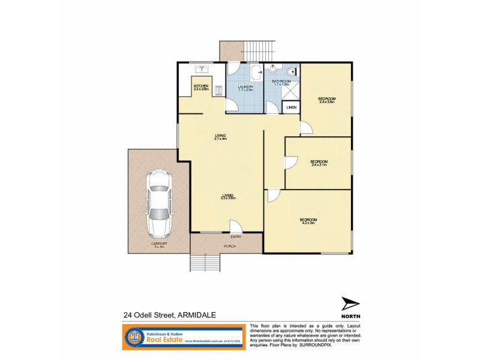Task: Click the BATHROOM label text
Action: tap(282, 82)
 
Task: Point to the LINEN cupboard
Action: tap(291, 108)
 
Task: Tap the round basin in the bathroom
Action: tap(273, 68)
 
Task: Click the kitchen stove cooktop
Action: tap(218, 91)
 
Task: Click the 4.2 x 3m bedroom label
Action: tap(308, 221)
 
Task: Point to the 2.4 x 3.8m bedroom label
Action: tap(326, 100)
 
